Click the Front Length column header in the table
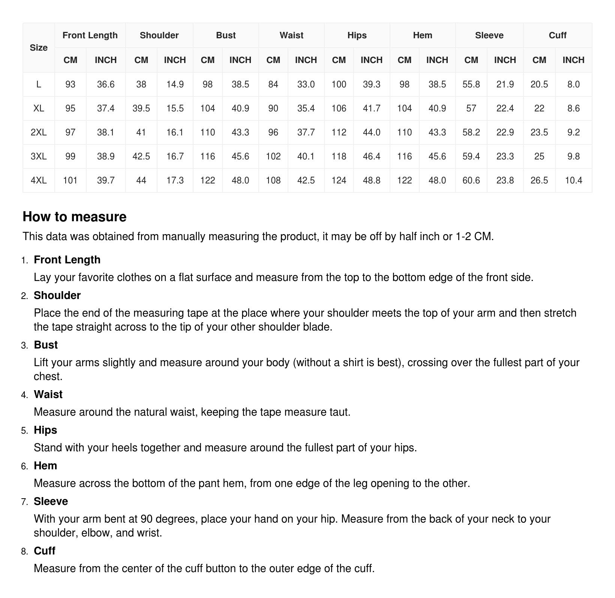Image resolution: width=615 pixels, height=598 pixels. pos(90,35)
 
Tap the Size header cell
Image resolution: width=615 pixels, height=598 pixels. pos(39,48)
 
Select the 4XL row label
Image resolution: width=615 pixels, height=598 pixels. pos(39,180)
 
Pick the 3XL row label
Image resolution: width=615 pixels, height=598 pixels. pos(39,156)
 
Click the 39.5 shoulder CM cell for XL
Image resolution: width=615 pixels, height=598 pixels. pos(141,108)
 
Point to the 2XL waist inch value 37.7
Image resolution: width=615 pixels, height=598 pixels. pos(306,132)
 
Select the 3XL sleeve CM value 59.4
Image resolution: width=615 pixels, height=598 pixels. pos(471,156)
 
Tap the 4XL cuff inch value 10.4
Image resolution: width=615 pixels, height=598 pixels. pos(573,180)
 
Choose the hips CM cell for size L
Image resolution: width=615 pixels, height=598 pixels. pos(339,84)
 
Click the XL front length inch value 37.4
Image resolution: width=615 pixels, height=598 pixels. pos(106,108)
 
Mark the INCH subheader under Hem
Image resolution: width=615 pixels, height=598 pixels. pos(437,60)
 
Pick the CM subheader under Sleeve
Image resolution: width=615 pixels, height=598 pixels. pos(471,60)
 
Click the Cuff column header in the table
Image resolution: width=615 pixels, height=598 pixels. pos(557,35)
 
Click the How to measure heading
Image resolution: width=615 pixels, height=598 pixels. pos(75,217)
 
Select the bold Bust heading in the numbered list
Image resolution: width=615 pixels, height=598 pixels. pos(46,345)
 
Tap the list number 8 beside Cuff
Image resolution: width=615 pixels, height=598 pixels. pos(24,551)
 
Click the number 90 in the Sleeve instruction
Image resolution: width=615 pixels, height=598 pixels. pos(146,519)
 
